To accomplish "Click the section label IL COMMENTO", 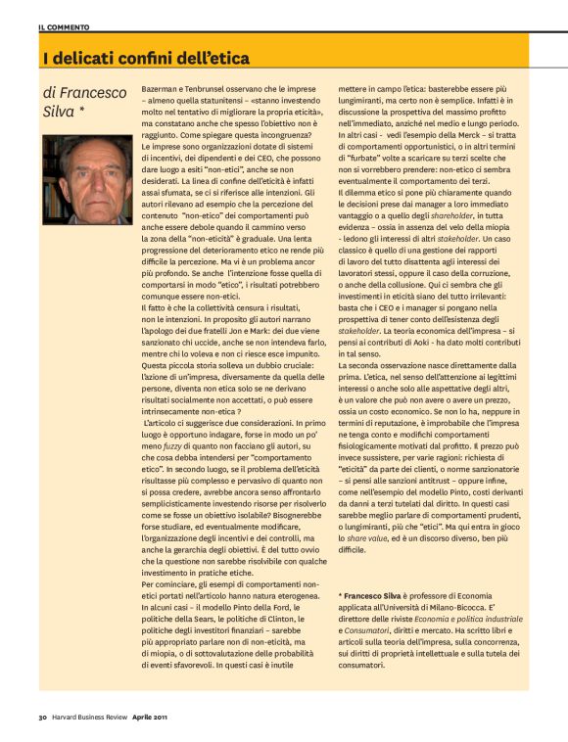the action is [x=62, y=25].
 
